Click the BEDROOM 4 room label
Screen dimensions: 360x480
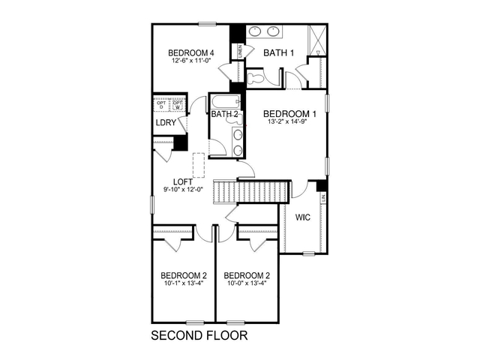pyautogui.click(x=192, y=52)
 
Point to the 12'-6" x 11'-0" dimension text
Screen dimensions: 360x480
pyautogui.click(x=192, y=61)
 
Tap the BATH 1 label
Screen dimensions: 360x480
pyautogui.click(x=277, y=52)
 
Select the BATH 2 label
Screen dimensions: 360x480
pyautogui.click(x=224, y=115)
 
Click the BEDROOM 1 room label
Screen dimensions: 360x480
pyautogui.click(x=289, y=114)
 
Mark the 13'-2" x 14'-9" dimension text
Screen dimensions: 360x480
pyautogui.click(x=289, y=124)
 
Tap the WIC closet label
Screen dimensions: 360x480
pyautogui.click(x=302, y=217)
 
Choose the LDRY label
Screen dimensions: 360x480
pyautogui.click(x=166, y=123)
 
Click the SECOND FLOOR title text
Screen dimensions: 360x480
pyautogui.click(x=199, y=334)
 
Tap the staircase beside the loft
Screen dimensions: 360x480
pyautogui.click(x=252, y=191)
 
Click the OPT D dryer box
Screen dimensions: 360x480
pyautogui.click(x=161, y=104)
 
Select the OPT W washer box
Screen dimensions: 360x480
pyautogui.click(x=178, y=104)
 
